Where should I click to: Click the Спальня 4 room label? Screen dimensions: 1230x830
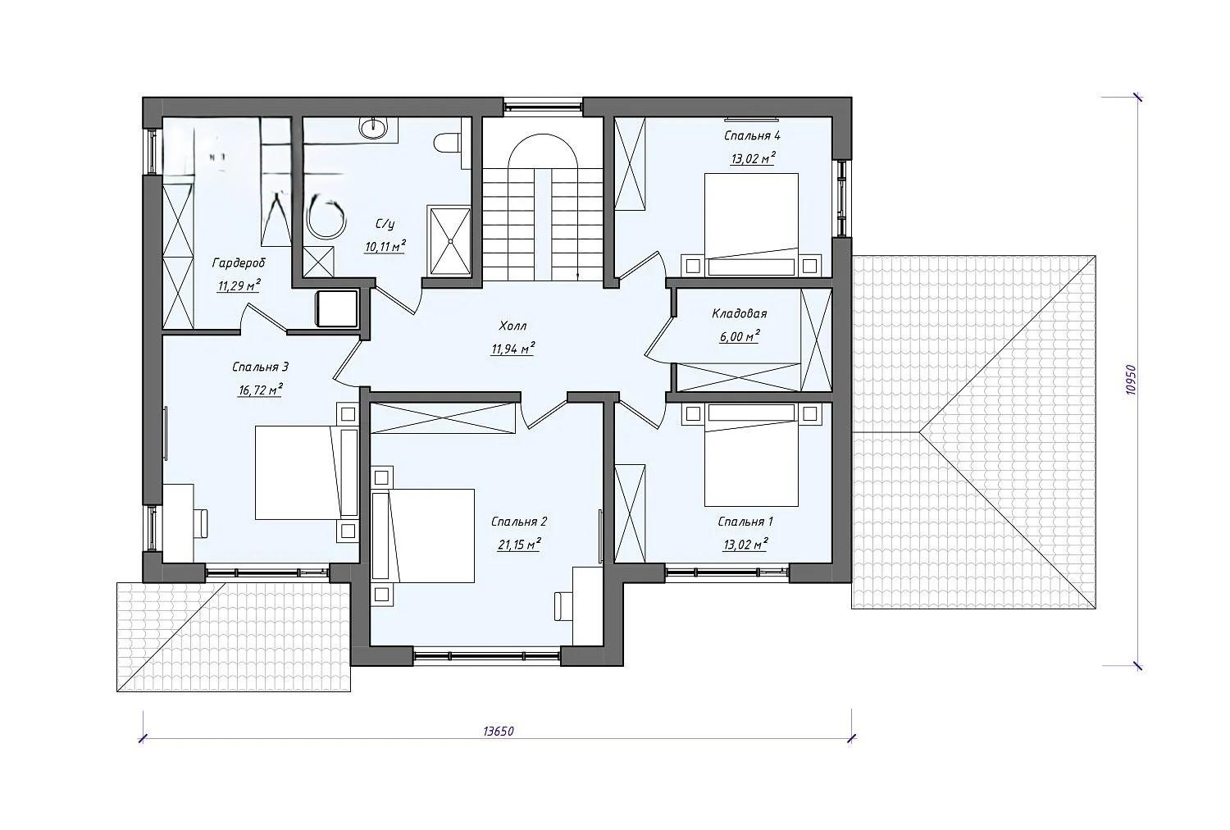coord(752,135)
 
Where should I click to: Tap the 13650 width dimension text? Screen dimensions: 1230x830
coord(498,731)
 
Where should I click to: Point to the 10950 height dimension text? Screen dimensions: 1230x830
coord(1130,380)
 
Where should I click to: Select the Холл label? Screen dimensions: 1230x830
coord(512,326)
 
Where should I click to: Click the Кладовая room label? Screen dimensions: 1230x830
coord(739,313)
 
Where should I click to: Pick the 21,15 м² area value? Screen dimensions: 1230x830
coord(519,545)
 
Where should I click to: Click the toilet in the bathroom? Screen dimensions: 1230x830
coord(447,144)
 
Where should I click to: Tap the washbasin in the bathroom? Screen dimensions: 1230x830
coord(374,129)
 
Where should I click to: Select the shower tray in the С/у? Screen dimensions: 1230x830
coord(450,239)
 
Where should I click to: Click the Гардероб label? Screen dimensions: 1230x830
coord(239,263)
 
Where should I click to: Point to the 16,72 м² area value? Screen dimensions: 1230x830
coord(260,390)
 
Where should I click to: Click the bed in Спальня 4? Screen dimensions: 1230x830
coord(751,224)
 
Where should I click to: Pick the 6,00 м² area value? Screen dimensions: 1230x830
coord(739,336)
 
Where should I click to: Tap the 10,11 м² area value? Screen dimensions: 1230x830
coord(385,247)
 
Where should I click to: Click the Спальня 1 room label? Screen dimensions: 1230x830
coord(745,522)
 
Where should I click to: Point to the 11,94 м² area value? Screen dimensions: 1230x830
coord(512,349)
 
